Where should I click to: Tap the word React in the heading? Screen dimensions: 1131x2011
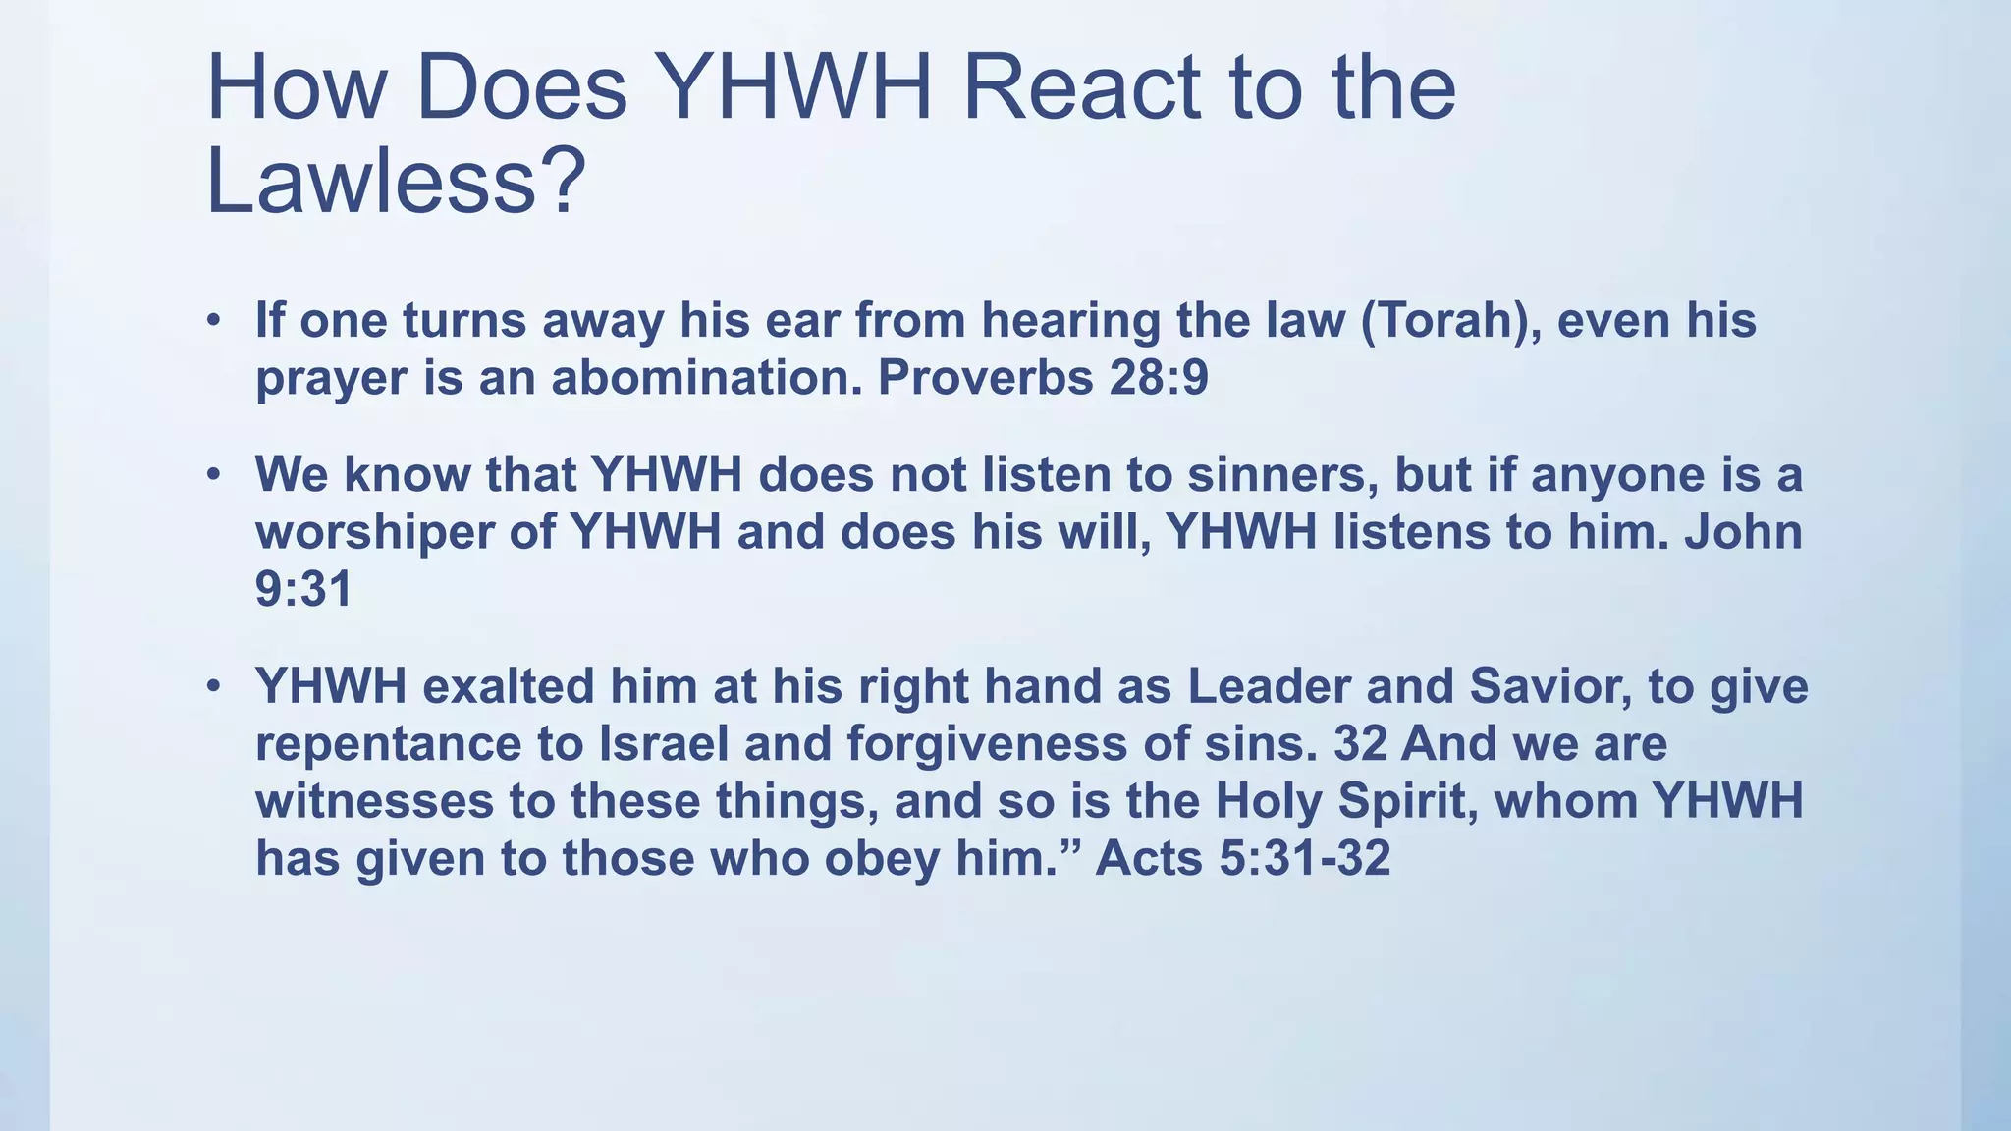pyautogui.click(x=1081, y=88)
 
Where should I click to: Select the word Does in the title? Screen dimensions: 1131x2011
pyautogui.click(x=520, y=88)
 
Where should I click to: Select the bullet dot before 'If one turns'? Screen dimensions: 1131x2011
pyautogui.click(x=214, y=321)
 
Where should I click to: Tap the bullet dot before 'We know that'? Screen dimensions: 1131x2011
pyautogui.click(x=214, y=475)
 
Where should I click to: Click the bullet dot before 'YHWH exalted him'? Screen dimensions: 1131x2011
pyautogui.click(x=214, y=686)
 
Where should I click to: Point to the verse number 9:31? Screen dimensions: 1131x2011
pyautogui.click(x=303, y=590)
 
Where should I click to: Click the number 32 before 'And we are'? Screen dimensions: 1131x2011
pyautogui.click(x=1360, y=743)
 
